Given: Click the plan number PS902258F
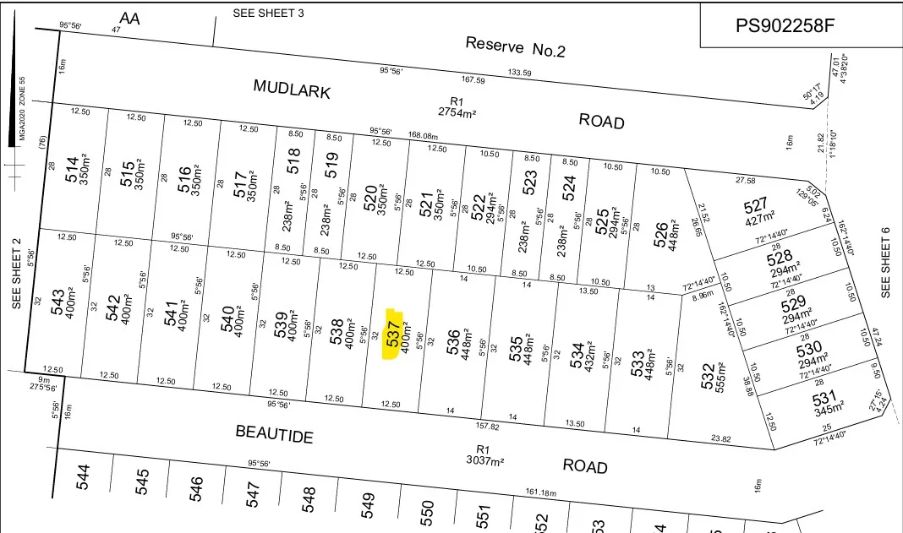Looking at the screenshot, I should pos(785,26).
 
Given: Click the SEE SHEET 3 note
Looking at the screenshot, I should pos(268,14).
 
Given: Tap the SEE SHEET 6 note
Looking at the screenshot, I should pos(886,263).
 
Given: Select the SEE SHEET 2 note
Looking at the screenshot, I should pos(16,272).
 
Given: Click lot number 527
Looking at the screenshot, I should pos(754,208).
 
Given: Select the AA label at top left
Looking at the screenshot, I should pos(129,18).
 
